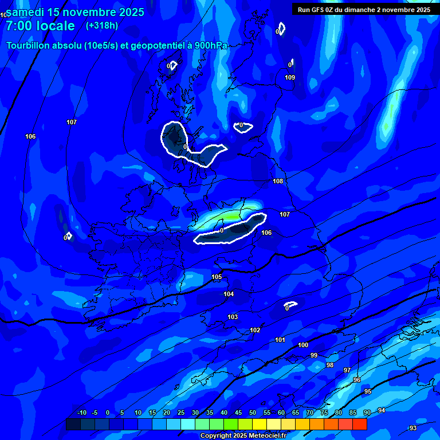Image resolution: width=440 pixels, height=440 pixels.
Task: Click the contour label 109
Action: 290,77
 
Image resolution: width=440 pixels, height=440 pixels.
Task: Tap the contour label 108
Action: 278,181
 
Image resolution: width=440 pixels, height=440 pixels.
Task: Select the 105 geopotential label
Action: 217,277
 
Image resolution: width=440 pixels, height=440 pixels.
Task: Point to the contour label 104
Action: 229,294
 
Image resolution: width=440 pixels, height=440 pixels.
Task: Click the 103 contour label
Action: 233,317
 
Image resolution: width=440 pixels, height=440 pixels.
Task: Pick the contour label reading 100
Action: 303,345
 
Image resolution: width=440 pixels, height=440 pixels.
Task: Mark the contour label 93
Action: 413,428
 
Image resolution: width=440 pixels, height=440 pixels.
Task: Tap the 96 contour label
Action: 357,380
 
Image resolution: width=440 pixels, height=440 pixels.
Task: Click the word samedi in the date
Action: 26,11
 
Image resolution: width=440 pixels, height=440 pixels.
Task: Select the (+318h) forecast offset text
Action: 102,25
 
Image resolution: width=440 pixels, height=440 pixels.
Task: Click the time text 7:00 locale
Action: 40,26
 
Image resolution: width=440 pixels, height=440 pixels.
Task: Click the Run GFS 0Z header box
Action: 364,9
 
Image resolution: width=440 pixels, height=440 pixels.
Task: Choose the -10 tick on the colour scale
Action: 82,412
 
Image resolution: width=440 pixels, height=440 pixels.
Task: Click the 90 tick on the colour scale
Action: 367,412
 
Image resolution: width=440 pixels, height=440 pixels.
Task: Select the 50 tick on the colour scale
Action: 252,412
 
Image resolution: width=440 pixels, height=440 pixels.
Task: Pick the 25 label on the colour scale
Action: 180,412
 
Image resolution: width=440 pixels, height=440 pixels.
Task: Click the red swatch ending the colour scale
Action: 359,424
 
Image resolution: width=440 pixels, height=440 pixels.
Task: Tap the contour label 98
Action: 330,365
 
